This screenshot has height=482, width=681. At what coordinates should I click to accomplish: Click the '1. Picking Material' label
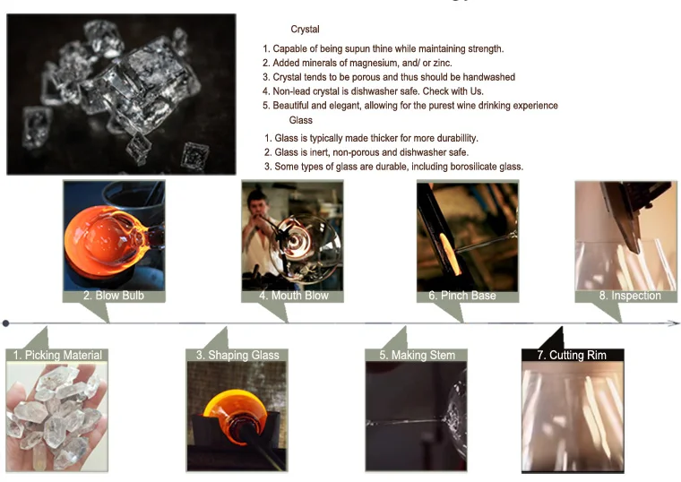[x=57, y=355]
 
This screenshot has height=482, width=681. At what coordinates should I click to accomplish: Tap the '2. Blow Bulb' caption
[x=114, y=296]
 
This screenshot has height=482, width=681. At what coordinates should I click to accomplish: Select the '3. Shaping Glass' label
[x=237, y=355]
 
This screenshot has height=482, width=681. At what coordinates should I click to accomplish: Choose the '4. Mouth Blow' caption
[x=293, y=296]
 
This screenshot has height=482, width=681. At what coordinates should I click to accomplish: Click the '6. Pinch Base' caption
[x=468, y=296]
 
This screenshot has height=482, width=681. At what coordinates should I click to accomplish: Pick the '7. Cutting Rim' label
[x=572, y=355]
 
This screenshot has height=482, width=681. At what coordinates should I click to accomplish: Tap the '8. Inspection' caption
[x=630, y=296]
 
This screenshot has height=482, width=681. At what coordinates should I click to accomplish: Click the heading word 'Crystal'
[x=305, y=30]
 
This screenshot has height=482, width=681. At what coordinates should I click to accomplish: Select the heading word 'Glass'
[x=301, y=120]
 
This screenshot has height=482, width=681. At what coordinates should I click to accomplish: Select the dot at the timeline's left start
[x=6, y=323]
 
